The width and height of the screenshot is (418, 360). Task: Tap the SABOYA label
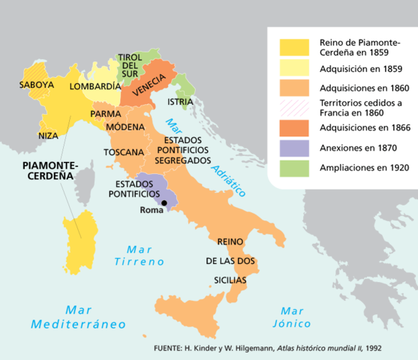coord(37,85)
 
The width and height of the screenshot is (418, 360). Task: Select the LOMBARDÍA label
coord(95,87)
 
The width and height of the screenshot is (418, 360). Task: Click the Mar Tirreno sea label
coord(139,256)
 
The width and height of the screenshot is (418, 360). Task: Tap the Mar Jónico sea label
coord(296,317)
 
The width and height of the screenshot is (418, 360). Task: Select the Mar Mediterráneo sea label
coord(78,316)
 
